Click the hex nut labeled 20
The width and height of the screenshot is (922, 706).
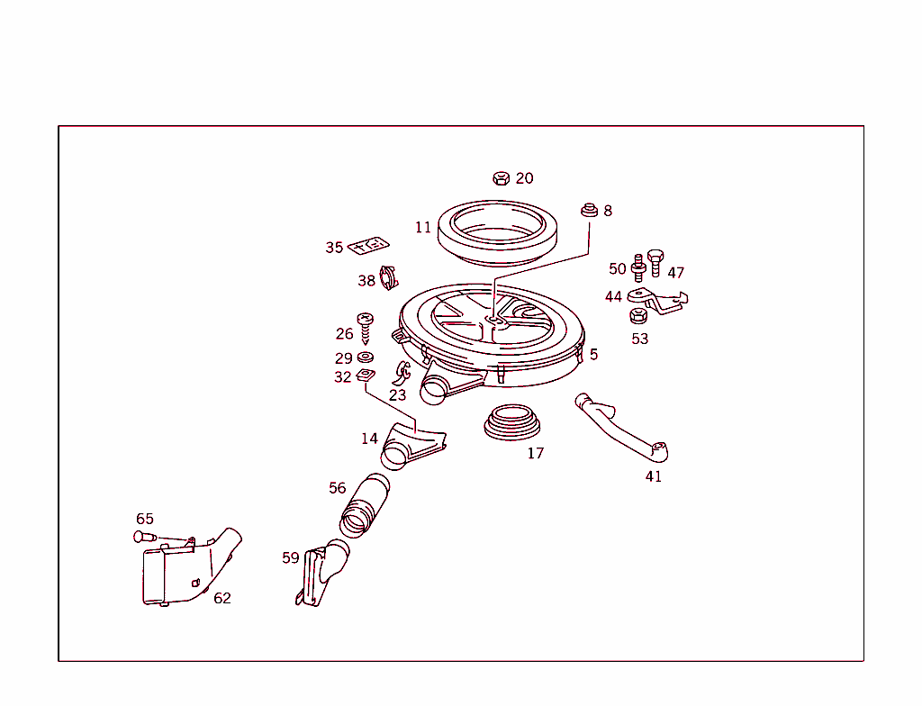tap(502, 177)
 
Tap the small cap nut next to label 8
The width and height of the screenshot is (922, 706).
tap(589, 211)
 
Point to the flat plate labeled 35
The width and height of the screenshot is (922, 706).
tap(368, 245)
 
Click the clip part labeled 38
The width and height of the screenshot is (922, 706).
tap(389, 278)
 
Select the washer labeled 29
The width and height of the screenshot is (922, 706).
tap(366, 358)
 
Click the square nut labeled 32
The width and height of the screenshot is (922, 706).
tap(366, 376)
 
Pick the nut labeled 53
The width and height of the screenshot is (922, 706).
tap(638, 316)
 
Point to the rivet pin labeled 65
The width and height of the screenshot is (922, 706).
tap(143, 537)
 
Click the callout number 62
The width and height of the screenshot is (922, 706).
tap(222, 598)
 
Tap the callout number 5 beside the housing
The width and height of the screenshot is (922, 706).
tap(593, 355)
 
